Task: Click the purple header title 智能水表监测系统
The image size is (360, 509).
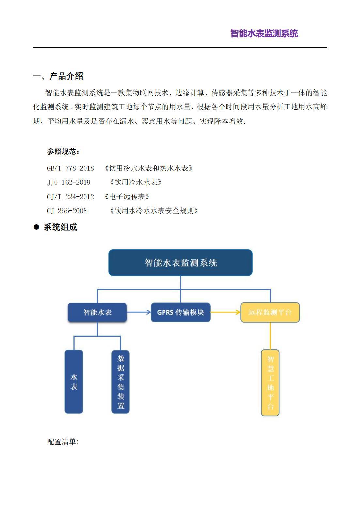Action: coord(264,33)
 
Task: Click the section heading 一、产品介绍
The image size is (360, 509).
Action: coord(58,76)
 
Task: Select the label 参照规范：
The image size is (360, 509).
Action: coord(63,151)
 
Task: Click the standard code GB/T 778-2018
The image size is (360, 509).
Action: coord(70,168)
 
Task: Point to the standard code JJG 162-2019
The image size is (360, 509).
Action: coord(69,183)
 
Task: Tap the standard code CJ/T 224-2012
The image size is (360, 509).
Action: coord(70,197)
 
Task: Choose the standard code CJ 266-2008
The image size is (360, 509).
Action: coord(67,211)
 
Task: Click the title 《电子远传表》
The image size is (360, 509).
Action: coord(127,197)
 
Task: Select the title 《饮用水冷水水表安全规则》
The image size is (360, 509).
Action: coord(154,211)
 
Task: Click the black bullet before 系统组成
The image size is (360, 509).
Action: coord(36,227)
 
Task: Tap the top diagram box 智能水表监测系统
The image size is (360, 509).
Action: coord(180,263)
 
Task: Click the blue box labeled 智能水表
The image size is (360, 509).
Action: coord(97,312)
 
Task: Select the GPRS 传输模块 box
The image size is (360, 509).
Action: coord(180,312)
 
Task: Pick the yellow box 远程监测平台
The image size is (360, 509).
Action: coord(270,312)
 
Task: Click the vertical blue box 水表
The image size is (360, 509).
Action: coord(74,382)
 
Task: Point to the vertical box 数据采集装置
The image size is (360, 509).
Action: coord(120,382)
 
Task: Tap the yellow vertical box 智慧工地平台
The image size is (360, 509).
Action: coord(270,383)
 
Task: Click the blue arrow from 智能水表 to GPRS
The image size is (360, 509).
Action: coord(139,312)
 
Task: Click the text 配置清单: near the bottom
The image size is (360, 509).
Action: coord(63,442)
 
